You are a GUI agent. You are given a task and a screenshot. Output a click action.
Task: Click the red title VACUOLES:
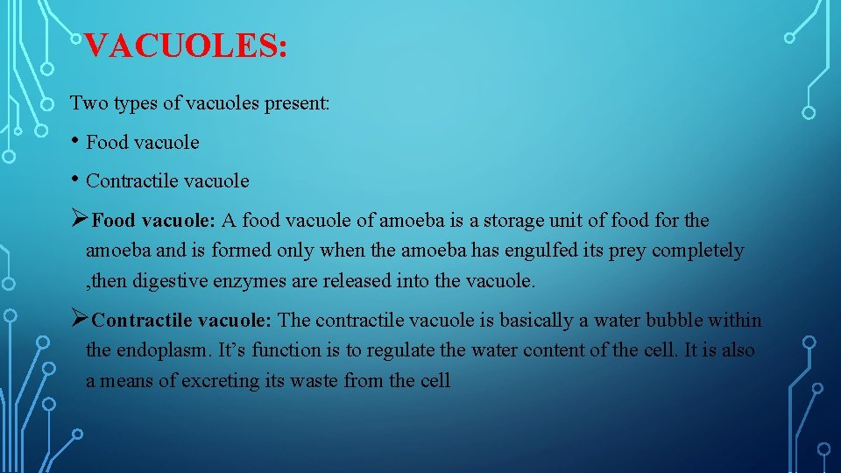point(187,46)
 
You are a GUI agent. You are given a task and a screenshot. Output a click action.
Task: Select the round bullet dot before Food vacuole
point(75,140)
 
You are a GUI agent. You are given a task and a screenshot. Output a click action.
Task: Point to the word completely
point(698,251)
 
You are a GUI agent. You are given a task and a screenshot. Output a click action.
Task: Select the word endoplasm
point(160,350)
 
